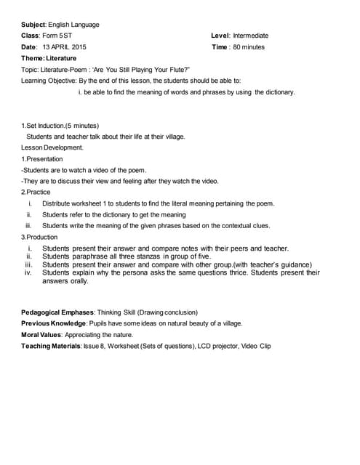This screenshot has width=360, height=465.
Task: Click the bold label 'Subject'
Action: coord(35,24)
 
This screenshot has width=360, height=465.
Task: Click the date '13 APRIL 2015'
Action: coord(64,47)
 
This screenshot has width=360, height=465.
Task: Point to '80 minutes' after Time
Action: coord(249,47)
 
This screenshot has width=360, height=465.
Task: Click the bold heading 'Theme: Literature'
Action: coord(48,58)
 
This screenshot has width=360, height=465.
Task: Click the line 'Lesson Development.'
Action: coord(52,147)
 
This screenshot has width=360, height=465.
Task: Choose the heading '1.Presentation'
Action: coord(42,158)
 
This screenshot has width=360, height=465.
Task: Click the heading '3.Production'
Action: coord(40,237)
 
